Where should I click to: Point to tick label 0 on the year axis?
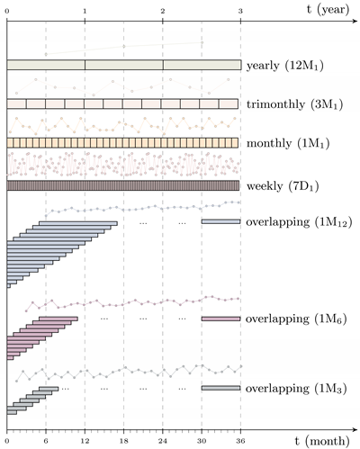click(7, 11)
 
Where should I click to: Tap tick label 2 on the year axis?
click(163, 11)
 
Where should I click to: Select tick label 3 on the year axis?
click(240, 11)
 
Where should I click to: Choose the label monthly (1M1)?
click(283, 143)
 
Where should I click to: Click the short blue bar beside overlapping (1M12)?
click(220, 221)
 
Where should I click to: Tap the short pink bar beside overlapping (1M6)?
click(220, 319)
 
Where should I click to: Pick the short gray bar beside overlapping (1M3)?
click(220, 389)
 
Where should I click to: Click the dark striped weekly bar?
click(123, 186)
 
